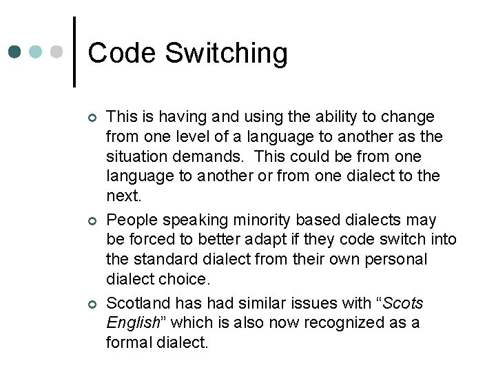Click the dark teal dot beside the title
coord(16,52)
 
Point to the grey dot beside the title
coord(57,52)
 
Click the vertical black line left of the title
coord(74,52)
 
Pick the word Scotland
coord(138,303)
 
